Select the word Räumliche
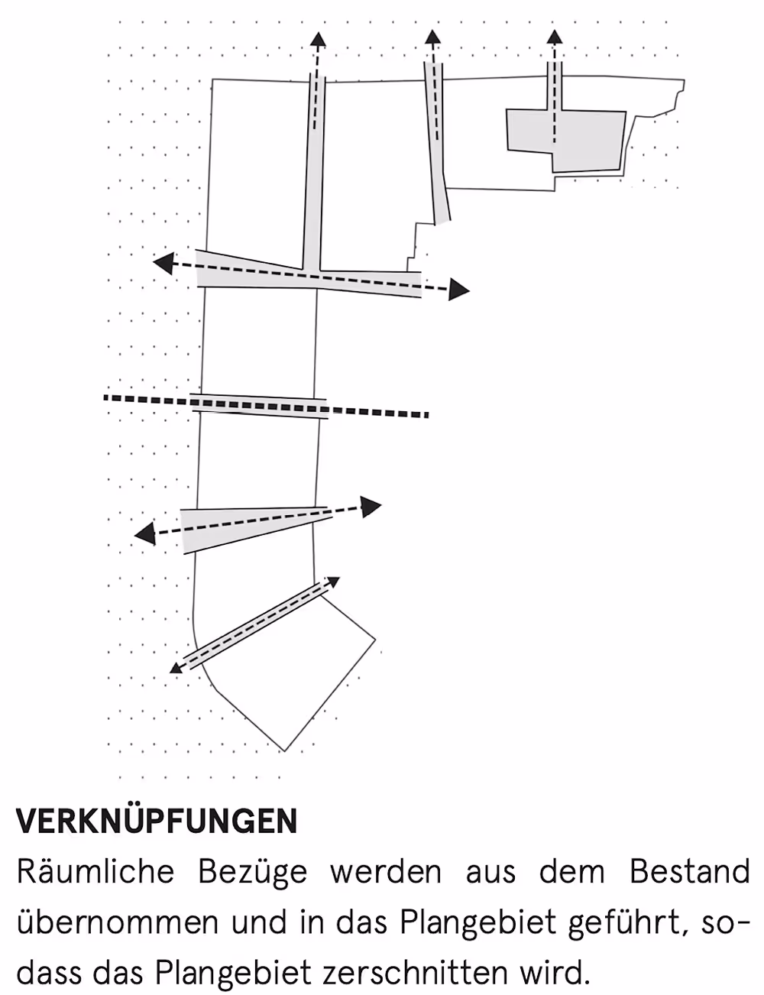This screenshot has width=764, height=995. (x=95, y=872)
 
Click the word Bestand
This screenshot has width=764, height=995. (x=690, y=872)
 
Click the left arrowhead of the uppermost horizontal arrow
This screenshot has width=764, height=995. (x=163, y=264)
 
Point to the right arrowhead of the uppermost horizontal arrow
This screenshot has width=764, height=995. (x=459, y=290)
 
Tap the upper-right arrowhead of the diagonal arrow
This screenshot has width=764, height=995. (x=333, y=582)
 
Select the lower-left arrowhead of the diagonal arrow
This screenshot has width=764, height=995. (x=176, y=668)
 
